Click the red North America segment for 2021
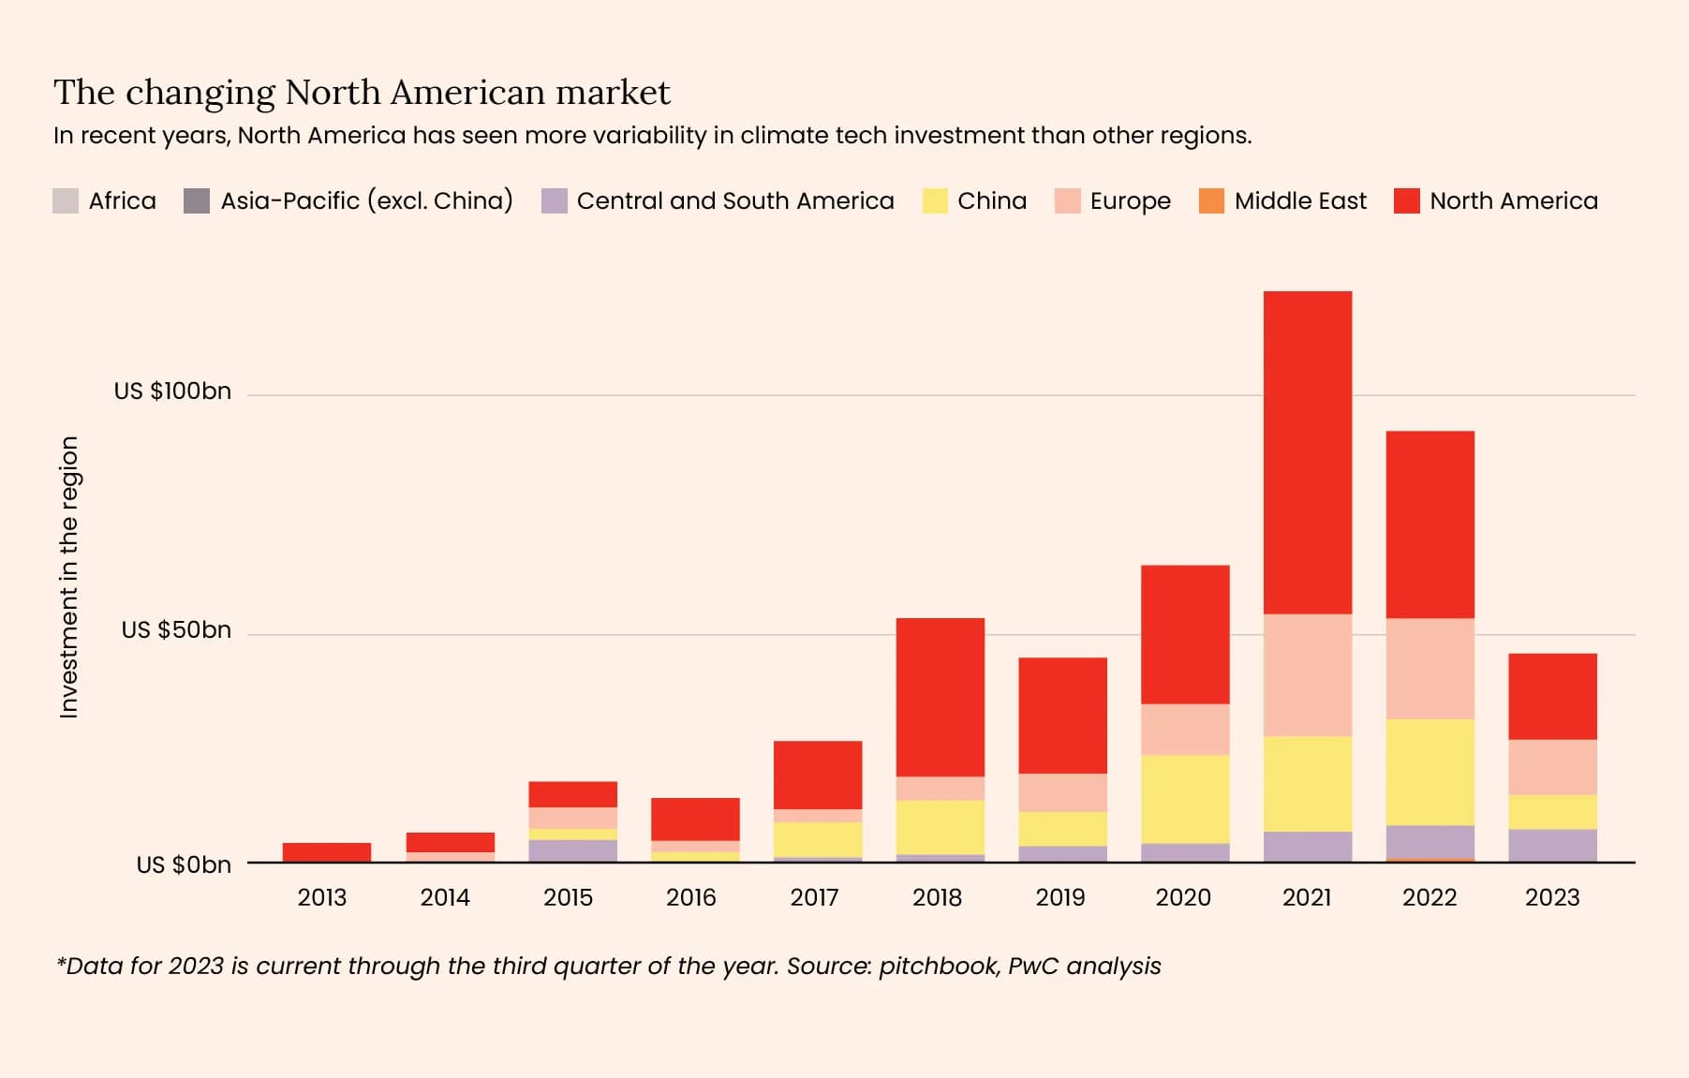click(1307, 452)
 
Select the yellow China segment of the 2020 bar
click(1184, 799)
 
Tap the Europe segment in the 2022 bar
click(1430, 669)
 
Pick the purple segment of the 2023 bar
click(1552, 845)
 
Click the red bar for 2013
click(326, 852)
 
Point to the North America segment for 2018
click(940, 697)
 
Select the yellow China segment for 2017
click(817, 839)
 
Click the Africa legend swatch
click(66, 201)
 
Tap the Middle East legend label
click(1299, 201)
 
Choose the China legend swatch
click(934, 201)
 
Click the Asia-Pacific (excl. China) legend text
click(366, 201)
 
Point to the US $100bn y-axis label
click(172, 391)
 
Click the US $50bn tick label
click(176, 630)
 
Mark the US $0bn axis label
click(184, 864)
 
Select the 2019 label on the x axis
click(1059, 898)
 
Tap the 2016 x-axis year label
click(690, 898)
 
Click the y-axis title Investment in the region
click(69, 578)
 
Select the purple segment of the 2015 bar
click(572, 850)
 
